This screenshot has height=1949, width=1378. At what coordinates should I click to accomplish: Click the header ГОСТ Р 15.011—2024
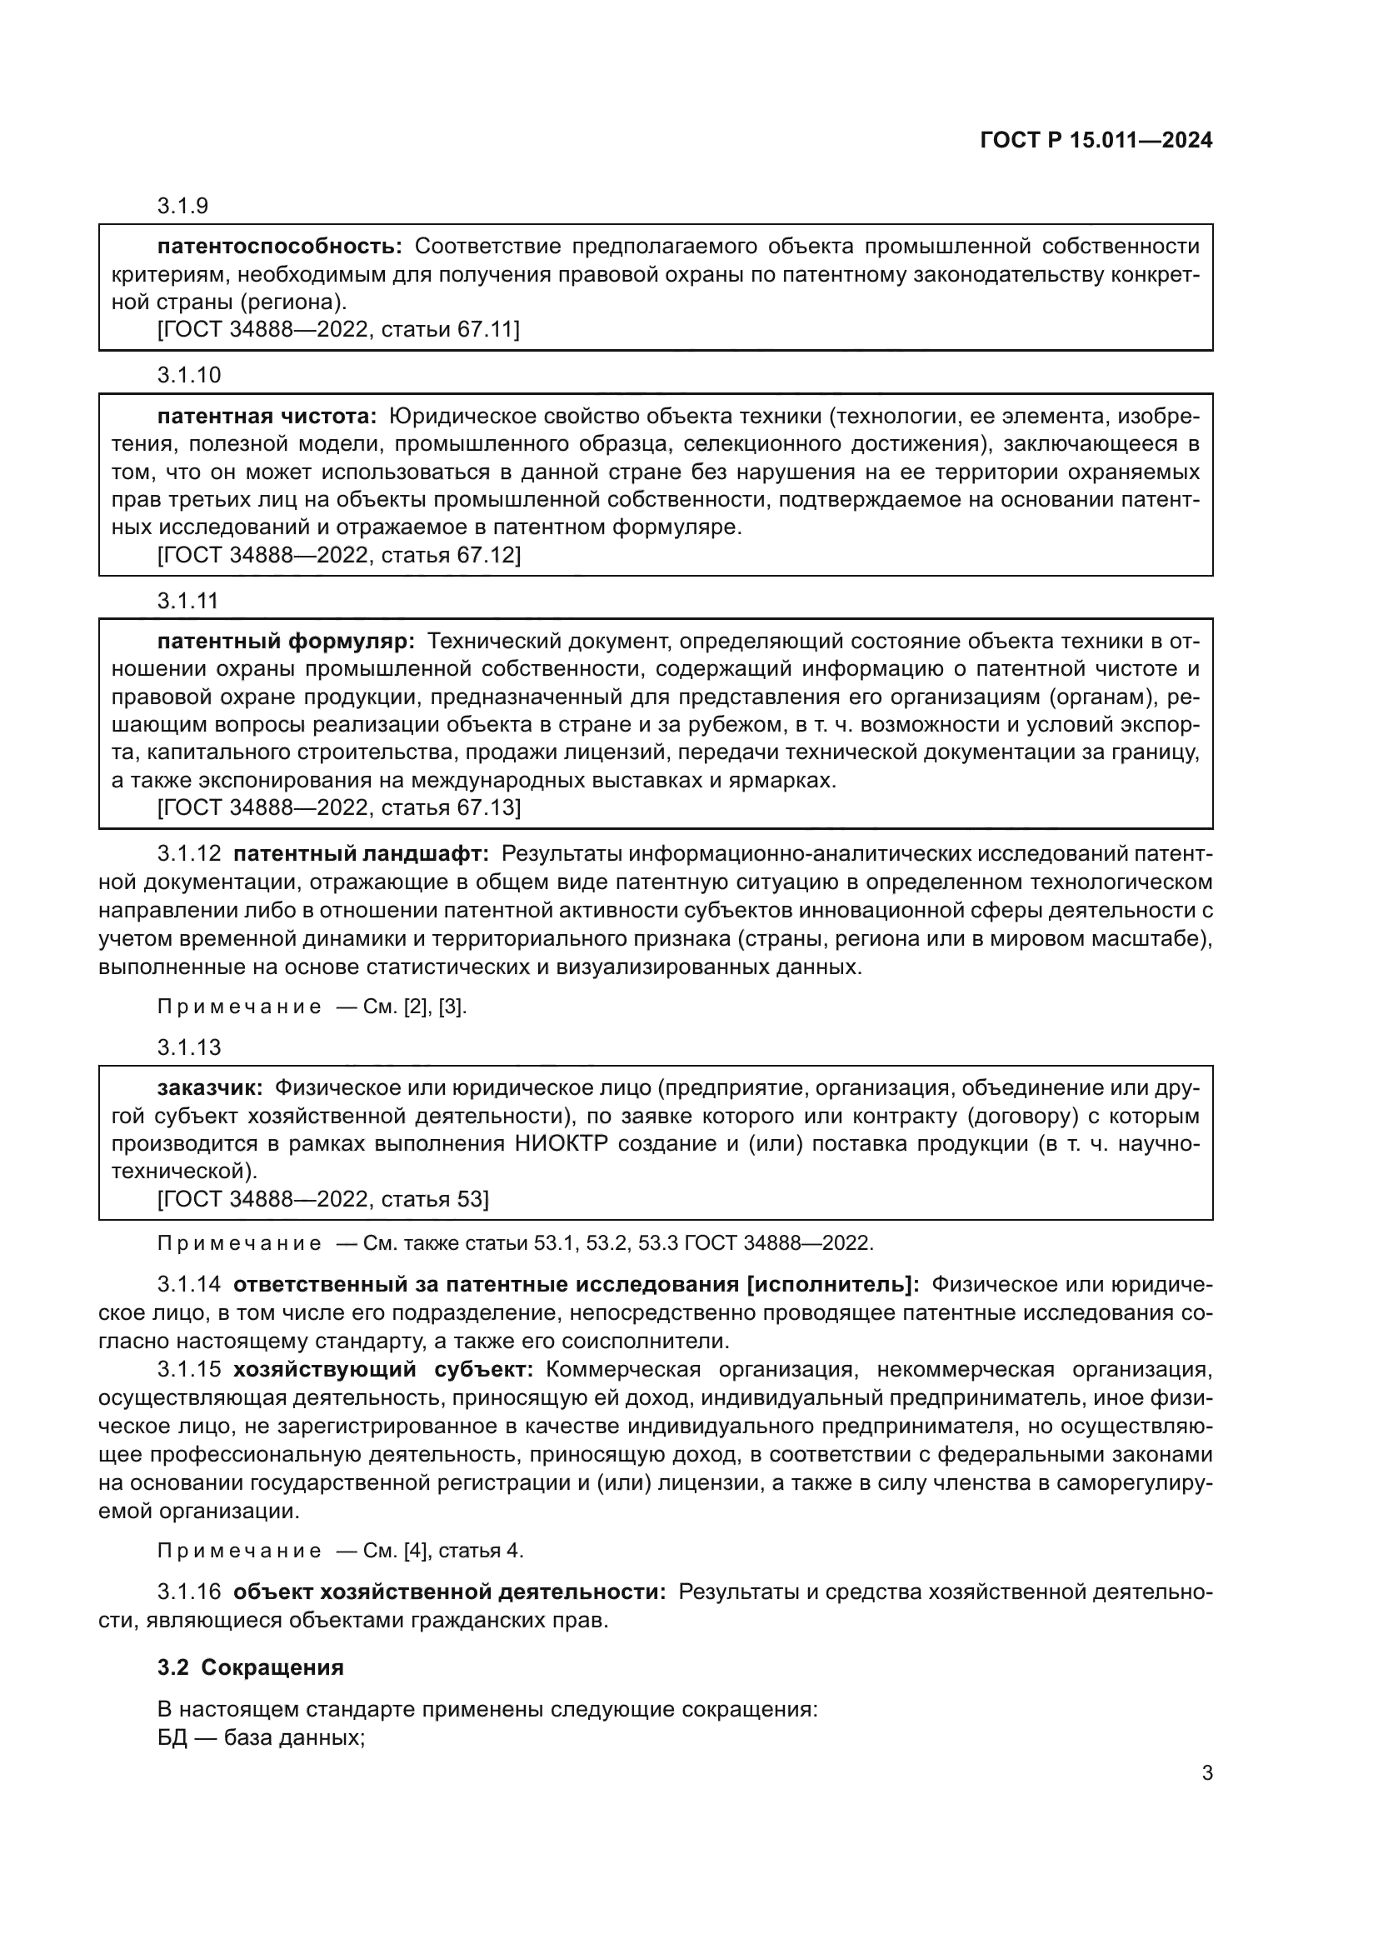1096,140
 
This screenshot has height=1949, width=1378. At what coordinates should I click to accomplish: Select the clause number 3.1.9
182,207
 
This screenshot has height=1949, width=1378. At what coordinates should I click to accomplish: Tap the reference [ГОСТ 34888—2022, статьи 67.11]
338,329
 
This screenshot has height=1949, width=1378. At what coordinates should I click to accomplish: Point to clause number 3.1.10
188,374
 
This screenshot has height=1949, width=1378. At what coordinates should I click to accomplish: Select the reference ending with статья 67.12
338,555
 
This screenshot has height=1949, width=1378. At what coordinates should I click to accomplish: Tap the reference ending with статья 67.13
338,807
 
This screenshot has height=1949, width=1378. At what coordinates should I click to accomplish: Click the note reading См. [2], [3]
312,1007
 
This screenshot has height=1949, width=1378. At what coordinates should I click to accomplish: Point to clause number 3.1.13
188,1047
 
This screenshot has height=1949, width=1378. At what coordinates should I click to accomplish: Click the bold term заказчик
211,1089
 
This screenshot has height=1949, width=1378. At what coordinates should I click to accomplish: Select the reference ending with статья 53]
322,1199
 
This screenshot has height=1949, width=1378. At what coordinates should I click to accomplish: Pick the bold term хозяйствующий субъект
382,1369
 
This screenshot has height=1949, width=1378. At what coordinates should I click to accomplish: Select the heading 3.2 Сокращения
250,1667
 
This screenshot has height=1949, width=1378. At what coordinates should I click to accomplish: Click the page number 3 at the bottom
1206,1773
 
